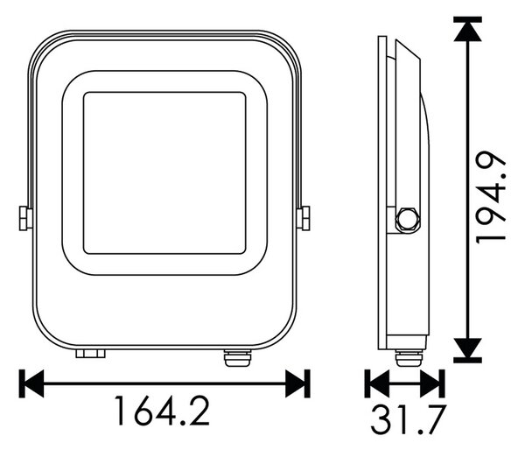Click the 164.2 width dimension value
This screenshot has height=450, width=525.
point(163,411)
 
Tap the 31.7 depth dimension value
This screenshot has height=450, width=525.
point(409,419)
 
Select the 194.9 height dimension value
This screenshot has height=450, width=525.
point(491,197)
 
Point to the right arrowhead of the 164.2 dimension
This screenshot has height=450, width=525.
point(296,383)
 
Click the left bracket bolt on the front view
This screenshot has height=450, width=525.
point(25,219)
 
